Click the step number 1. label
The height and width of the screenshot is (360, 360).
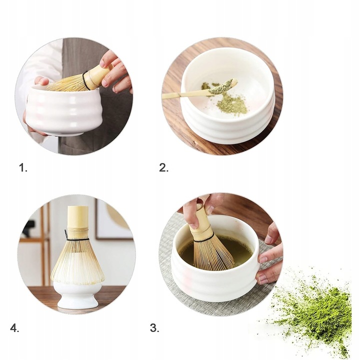click(x=23, y=168)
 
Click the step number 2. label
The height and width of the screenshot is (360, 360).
click(x=164, y=168)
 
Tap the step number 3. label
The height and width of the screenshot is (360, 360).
click(x=154, y=328)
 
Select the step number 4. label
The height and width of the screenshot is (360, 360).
click(x=14, y=328)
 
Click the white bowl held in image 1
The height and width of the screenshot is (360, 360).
click(x=62, y=112)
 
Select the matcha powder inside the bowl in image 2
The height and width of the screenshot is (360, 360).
click(x=231, y=104)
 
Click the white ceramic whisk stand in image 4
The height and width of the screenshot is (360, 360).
click(x=77, y=295)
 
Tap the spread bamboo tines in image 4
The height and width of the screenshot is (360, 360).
click(x=77, y=262)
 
